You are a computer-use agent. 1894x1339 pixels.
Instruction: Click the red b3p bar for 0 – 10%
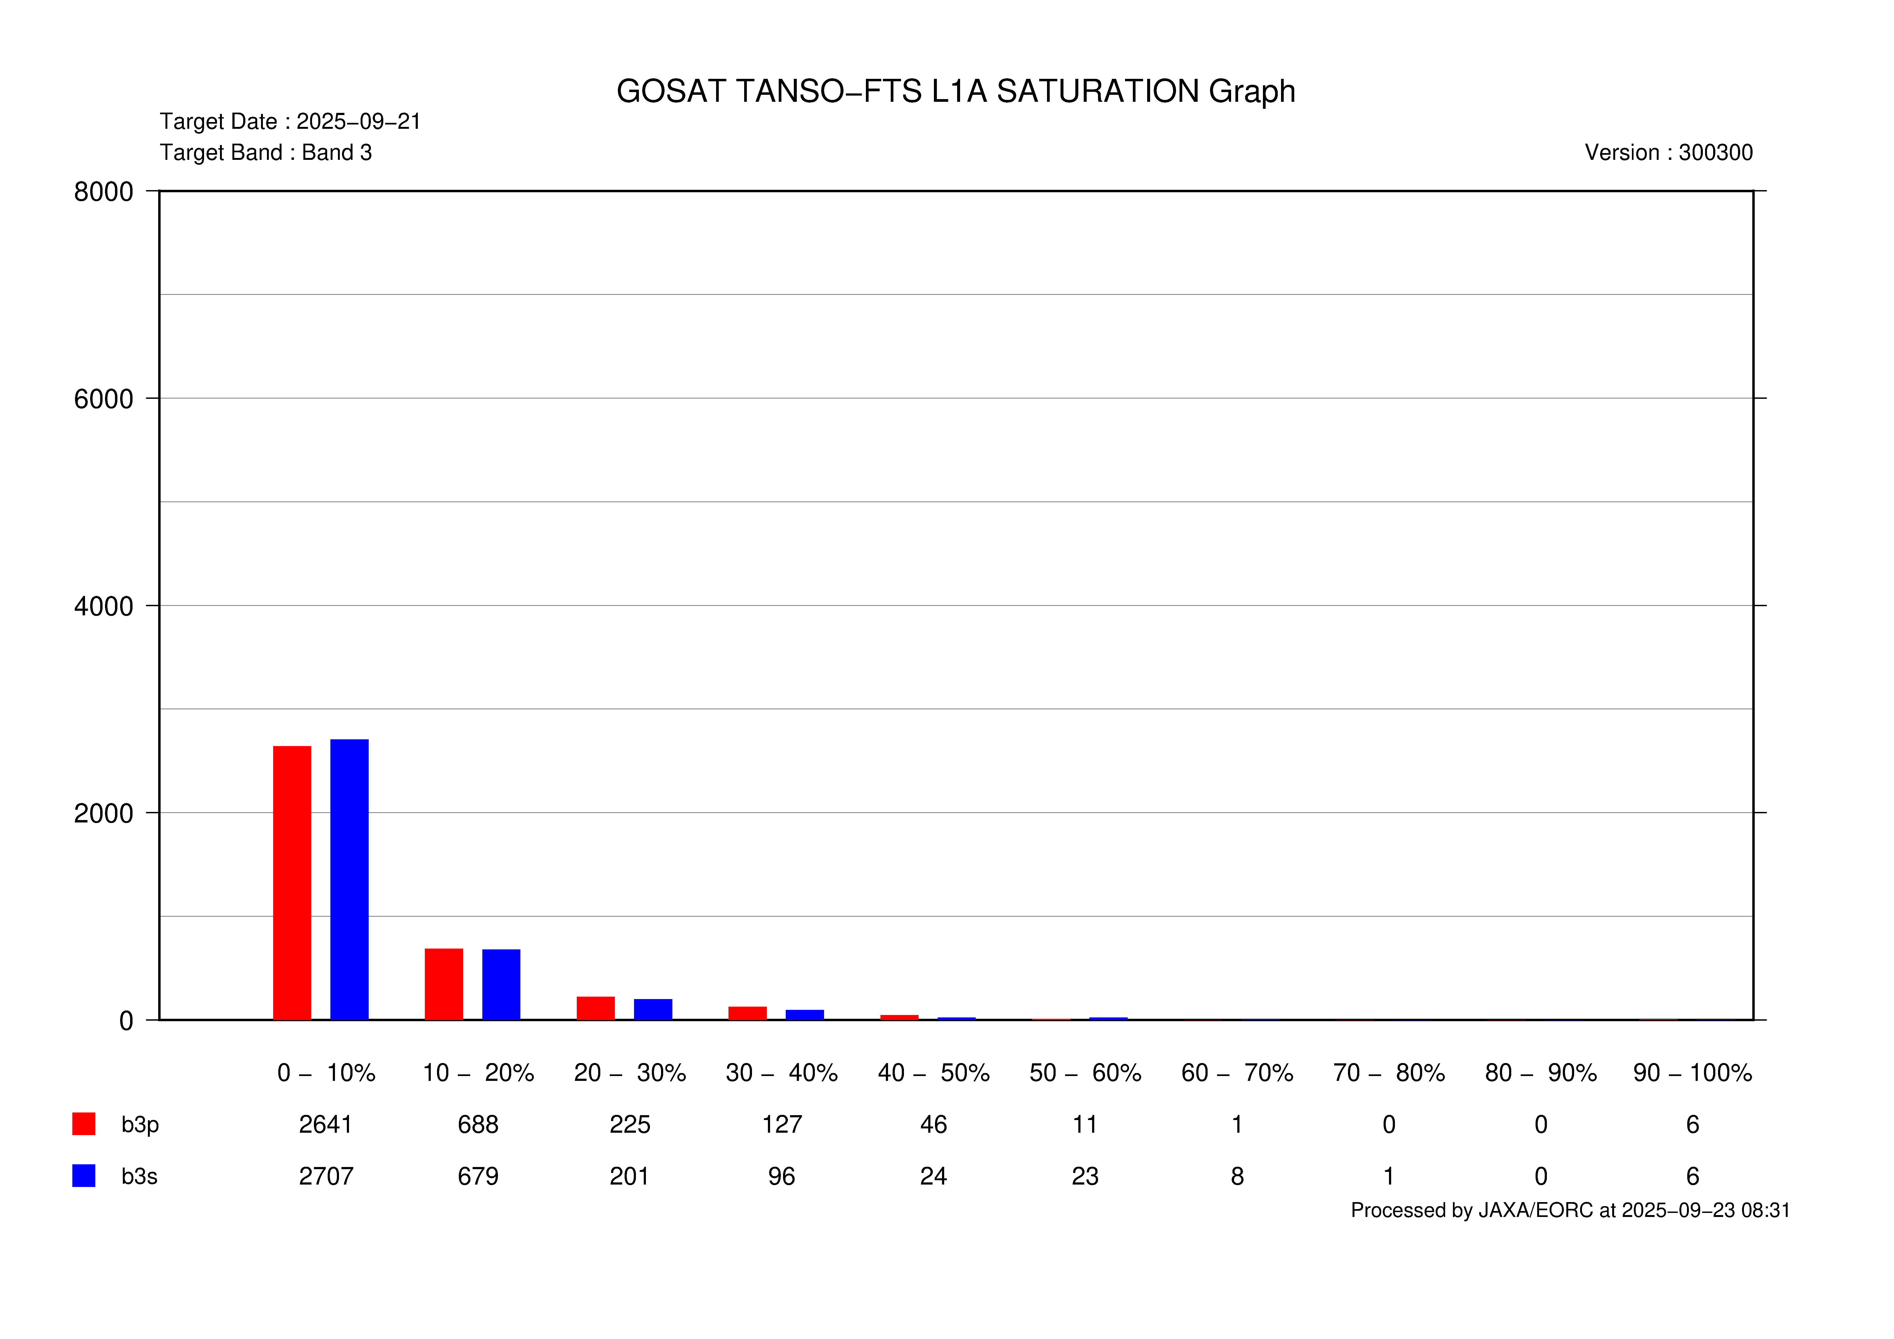292,883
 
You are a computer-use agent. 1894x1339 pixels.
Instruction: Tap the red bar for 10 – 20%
444,984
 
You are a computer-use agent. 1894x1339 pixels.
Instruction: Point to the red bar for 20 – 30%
596,1008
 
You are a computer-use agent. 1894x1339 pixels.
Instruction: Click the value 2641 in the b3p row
326,1125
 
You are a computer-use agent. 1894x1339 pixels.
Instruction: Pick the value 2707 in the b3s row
326,1176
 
